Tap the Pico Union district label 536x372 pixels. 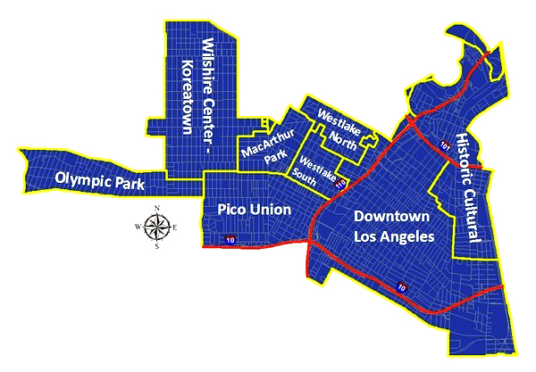coord(255,209)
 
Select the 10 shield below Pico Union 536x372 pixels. coord(230,241)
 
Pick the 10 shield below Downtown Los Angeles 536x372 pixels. coord(402,287)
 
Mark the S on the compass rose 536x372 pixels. coord(157,247)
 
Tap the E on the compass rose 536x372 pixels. coord(175,227)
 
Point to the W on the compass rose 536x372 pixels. coord(138,227)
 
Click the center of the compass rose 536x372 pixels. coord(157,227)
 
